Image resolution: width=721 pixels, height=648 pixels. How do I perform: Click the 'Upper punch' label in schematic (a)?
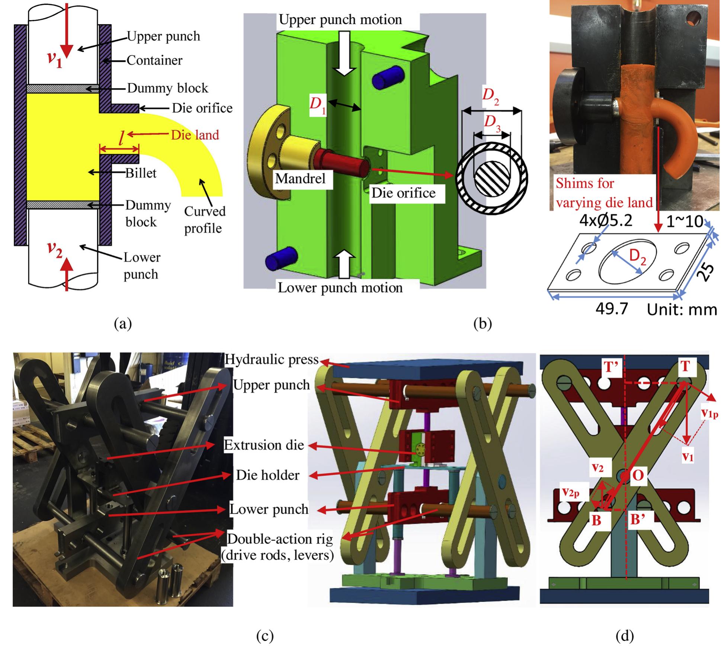point(163,36)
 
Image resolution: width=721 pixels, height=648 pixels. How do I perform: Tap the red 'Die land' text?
point(195,135)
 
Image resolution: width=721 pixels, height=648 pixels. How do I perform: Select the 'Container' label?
point(154,60)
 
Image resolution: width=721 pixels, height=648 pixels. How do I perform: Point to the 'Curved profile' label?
point(204,220)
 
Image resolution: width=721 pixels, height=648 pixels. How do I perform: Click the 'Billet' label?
point(141,173)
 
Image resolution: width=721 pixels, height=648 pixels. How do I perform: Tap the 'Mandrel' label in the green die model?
point(300,179)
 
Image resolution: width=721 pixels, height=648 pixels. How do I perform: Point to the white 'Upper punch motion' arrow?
point(345,52)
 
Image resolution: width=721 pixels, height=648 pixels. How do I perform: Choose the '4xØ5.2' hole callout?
point(606,221)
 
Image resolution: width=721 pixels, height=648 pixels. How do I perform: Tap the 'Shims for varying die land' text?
point(604,193)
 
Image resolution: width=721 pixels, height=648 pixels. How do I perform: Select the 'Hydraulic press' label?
point(272,360)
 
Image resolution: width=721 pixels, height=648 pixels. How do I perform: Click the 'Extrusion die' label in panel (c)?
point(263,445)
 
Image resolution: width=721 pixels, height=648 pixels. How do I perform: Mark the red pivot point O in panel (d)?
point(625,476)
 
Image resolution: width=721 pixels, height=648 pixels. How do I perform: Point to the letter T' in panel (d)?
point(611,367)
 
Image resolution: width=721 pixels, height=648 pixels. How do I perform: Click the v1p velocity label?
point(709,414)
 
